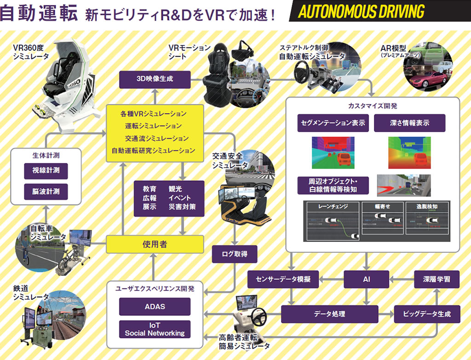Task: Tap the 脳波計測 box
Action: tap(46, 191)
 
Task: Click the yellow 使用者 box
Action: tap(155, 244)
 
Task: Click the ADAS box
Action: tap(155, 307)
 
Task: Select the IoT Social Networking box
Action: tap(155, 329)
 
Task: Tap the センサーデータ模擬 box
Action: tap(283, 279)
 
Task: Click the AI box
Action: tap(367, 279)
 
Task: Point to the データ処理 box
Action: tap(329, 314)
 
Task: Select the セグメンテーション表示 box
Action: tap(333, 123)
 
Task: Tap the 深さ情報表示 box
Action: tap(409, 123)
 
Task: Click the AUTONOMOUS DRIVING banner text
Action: tap(361, 12)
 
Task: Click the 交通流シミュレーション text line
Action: tap(156, 138)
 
